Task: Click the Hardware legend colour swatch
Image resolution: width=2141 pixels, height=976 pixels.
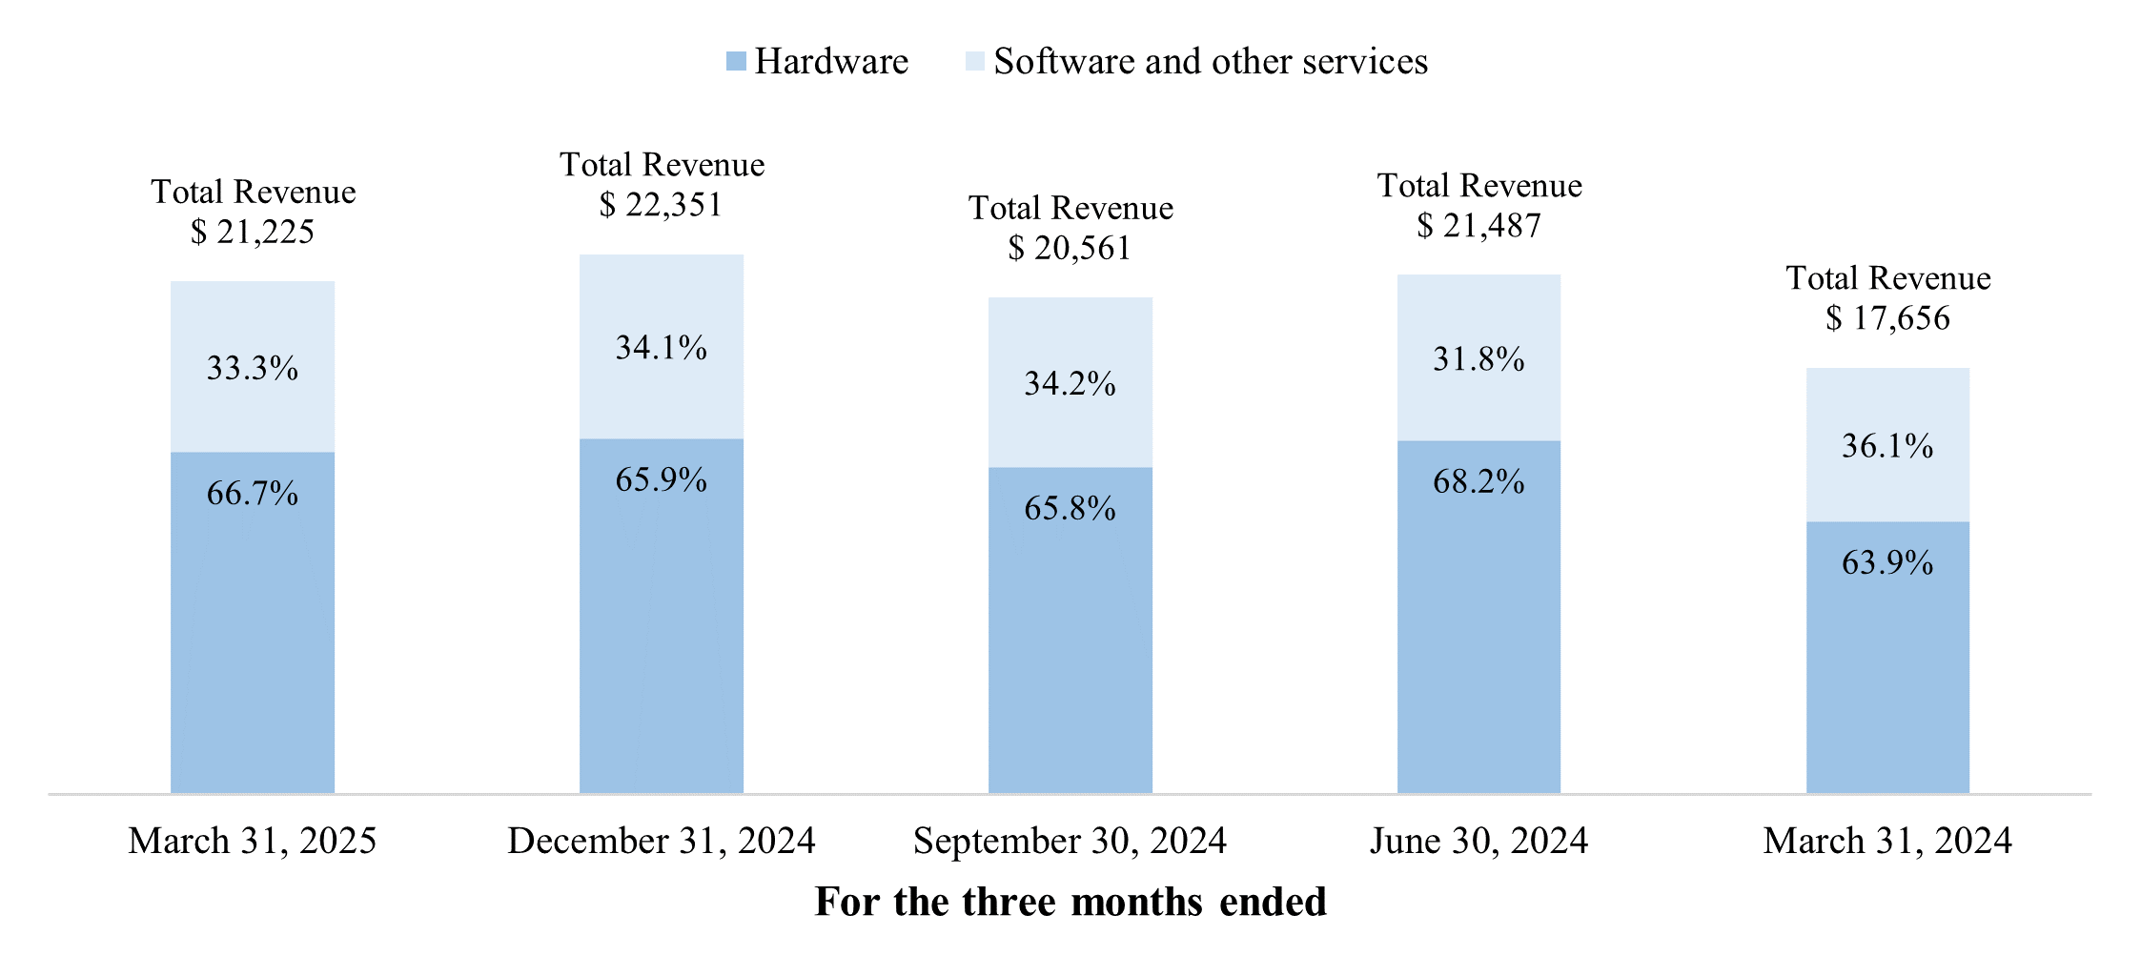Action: [735, 62]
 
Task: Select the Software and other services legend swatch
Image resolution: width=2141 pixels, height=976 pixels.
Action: [974, 62]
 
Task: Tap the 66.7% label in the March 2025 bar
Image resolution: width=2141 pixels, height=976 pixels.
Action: [253, 494]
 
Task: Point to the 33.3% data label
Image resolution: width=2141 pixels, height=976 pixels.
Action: [253, 368]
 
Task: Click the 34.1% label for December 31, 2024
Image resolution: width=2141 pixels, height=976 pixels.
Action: [661, 348]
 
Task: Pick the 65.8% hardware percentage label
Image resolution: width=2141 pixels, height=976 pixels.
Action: [1070, 508]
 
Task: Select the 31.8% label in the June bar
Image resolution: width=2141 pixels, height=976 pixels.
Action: [1478, 359]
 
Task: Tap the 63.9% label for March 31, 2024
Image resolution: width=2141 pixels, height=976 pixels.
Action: [1887, 562]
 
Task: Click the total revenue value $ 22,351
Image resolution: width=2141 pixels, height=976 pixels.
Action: [661, 205]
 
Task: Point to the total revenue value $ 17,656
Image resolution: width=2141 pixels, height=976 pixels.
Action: [1887, 318]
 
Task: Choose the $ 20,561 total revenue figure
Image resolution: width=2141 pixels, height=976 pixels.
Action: [1070, 249]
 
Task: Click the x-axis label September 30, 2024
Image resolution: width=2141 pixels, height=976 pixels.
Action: [1070, 841]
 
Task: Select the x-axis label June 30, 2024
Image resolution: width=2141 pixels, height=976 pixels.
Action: [1478, 841]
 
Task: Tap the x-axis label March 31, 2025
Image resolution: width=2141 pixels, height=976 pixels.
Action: [253, 841]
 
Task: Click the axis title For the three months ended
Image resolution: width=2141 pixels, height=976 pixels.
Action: [1070, 902]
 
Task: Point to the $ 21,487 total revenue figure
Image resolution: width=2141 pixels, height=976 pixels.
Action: [1478, 226]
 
